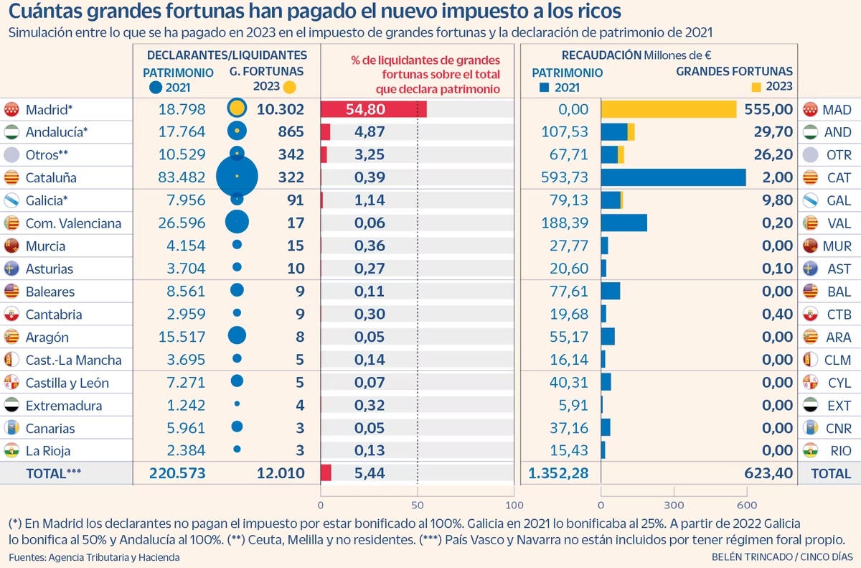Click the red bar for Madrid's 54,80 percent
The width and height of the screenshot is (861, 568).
click(373, 109)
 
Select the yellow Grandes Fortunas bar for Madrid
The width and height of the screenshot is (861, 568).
click(668, 109)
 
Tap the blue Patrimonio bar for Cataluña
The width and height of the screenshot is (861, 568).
click(673, 177)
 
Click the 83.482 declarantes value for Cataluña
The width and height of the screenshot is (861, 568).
click(182, 177)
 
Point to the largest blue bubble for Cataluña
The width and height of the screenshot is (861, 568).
click(237, 177)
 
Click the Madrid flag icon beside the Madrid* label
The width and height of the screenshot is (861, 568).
click(11, 110)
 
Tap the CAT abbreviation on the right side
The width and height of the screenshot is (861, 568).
click(837, 177)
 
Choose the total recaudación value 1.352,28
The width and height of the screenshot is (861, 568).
click(558, 474)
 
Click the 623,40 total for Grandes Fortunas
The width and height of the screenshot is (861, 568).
click(766, 474)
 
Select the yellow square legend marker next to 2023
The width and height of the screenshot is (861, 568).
click(756, 87)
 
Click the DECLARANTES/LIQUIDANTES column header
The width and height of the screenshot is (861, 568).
click(227, 55)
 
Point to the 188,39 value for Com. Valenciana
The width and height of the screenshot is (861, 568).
click(565, 223)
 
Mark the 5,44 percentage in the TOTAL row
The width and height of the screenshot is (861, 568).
click(370, 474)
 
